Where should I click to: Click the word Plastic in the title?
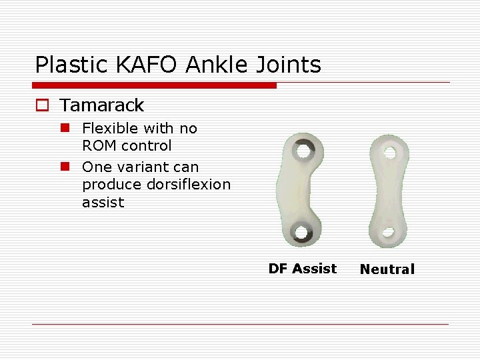(x=62, y=65)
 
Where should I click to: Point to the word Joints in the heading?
(x=289, y=65)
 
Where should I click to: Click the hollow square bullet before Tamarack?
(x=43, y=105)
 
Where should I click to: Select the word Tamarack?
(x=101, y=105)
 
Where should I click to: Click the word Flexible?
(x=109, y=128)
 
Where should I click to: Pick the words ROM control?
(x=127, y=145)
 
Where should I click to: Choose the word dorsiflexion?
(x=189, y=184)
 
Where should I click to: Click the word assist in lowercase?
(x=103, y=202)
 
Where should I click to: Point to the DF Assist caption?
(x=302, y=269)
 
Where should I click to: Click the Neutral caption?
(x=387, y=269)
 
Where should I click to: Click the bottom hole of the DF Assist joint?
(x=301, y=233)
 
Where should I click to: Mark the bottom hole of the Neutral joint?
(x=387, y=233)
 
